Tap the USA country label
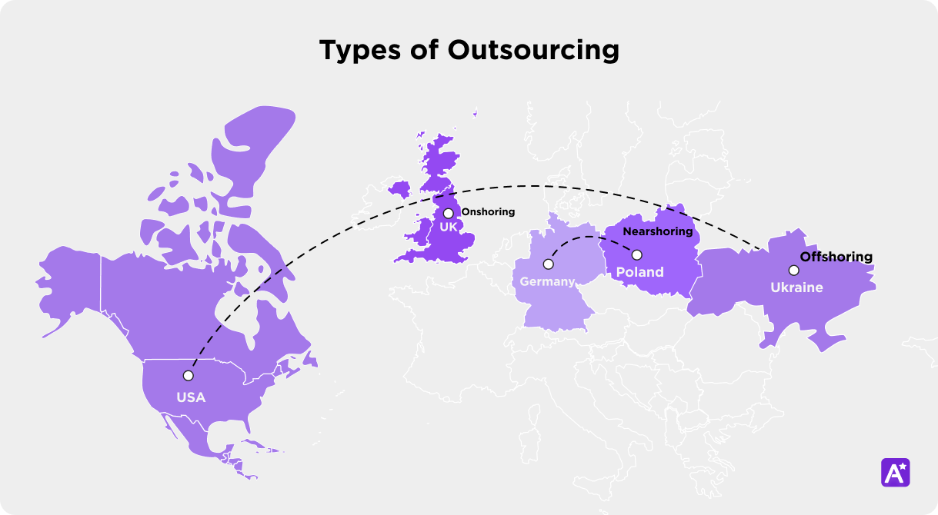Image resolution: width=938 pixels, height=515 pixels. point(191,397)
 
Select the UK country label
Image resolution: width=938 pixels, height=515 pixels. point(449,227)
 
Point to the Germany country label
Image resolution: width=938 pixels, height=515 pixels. point(547,281)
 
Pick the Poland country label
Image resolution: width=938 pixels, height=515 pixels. point(639,272)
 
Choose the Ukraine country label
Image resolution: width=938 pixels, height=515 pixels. point(796,287)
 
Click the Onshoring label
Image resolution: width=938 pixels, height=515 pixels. point(488,212)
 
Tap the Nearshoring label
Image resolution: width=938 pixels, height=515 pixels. point(658,231)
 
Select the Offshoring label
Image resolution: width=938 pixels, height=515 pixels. point(836,257)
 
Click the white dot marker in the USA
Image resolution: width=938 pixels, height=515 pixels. point(188,376)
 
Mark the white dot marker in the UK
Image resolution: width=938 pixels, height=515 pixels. point(448,213)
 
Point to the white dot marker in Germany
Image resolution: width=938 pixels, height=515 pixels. point(548,264)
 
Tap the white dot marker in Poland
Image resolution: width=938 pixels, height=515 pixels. point(637,254)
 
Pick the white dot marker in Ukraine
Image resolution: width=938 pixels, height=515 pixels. point(793,270)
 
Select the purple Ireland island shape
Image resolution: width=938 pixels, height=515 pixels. point(400,189)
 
